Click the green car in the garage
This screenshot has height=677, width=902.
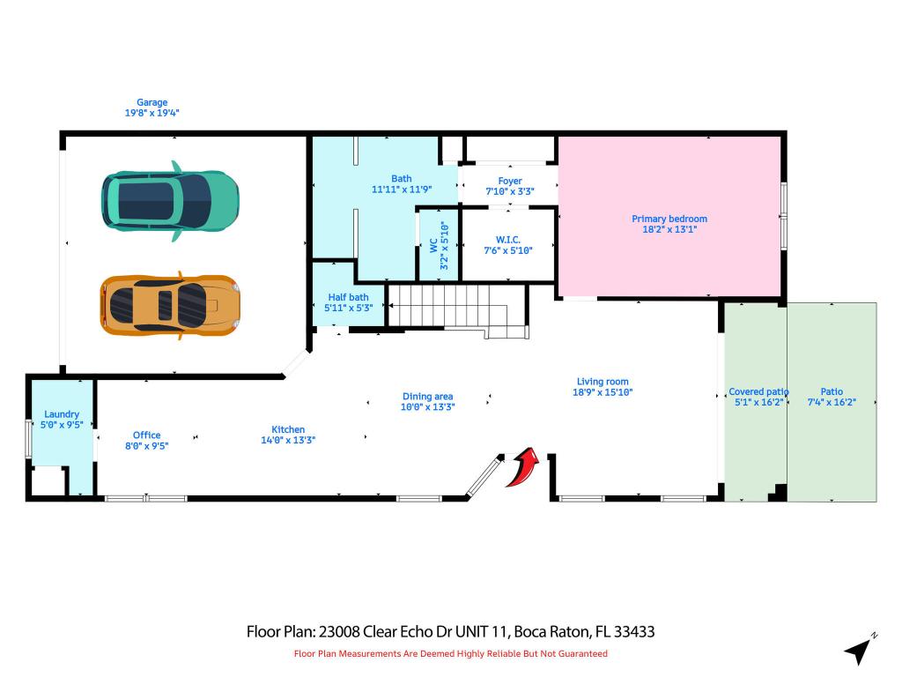(x=169, y=198)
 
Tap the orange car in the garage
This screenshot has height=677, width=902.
(x=170, y=304)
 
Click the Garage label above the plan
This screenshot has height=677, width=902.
(x=152, y=102)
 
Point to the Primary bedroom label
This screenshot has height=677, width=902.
(x=669, y=219)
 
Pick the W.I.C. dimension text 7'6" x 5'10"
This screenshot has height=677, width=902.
(x=508, y=249)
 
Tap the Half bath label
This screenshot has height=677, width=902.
(x=347, y=297)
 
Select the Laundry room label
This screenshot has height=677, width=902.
(x=62, y=414)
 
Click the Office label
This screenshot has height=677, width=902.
(x=146, y=435)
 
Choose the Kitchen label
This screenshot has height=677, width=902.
(x=288, y=429)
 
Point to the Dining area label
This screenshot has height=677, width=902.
(x=427, y=397)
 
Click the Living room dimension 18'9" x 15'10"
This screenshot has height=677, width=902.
(x=603, y=392)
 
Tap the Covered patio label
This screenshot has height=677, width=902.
(x=758, y=391)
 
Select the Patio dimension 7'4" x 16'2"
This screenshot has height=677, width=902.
(x=832, y=402)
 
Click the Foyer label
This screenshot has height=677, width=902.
(x=510, y=181)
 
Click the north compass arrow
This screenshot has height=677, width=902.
(x=859, y=650)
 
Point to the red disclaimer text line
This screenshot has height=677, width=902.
(x=450, y=653)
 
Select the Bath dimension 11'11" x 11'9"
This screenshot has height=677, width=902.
(x=401, y=189)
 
